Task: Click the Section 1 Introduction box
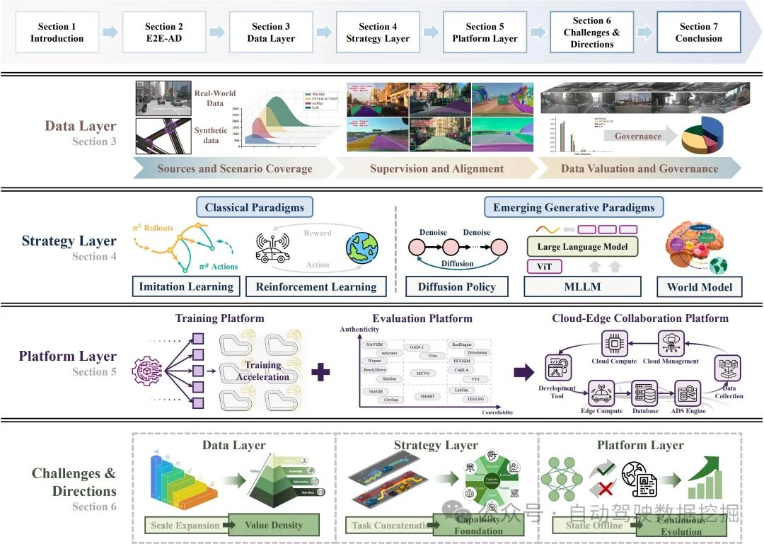(57, 33)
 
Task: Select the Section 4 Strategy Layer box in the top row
(378, 33)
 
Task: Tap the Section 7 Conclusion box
(698, 33)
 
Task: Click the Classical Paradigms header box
(254, 207)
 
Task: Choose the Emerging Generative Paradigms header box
(574, 207)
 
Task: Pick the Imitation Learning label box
(186, 287)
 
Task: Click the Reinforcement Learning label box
(316, 287)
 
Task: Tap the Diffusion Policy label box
(456, 287)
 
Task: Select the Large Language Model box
(582, 247)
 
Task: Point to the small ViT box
(545, 267)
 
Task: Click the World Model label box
(699, 287)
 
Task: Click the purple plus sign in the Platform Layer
(321, 372)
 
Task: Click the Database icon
(644, 393)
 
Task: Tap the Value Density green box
(273, 525)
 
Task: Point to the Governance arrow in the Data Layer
(639, 137)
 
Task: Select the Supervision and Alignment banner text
(436, 168)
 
